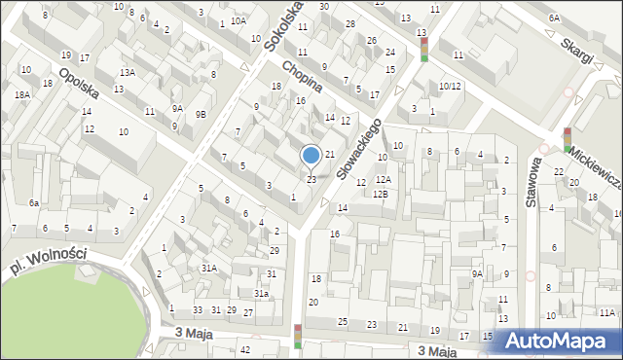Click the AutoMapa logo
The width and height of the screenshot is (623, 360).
[563, 341]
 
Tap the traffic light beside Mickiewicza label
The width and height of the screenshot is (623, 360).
[567, 141]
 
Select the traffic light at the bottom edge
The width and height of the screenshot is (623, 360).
[297, 337]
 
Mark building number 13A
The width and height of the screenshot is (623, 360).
[127, 73]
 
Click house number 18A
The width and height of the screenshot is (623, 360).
[21, 94]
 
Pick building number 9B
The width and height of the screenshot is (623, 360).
[200, 114]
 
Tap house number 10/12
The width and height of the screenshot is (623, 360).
[449, 87]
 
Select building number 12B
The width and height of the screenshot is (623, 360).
[381, 194]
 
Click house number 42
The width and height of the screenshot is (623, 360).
[245, 349]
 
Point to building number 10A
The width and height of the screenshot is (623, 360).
[238, 20]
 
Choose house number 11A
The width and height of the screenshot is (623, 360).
[606, 312]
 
